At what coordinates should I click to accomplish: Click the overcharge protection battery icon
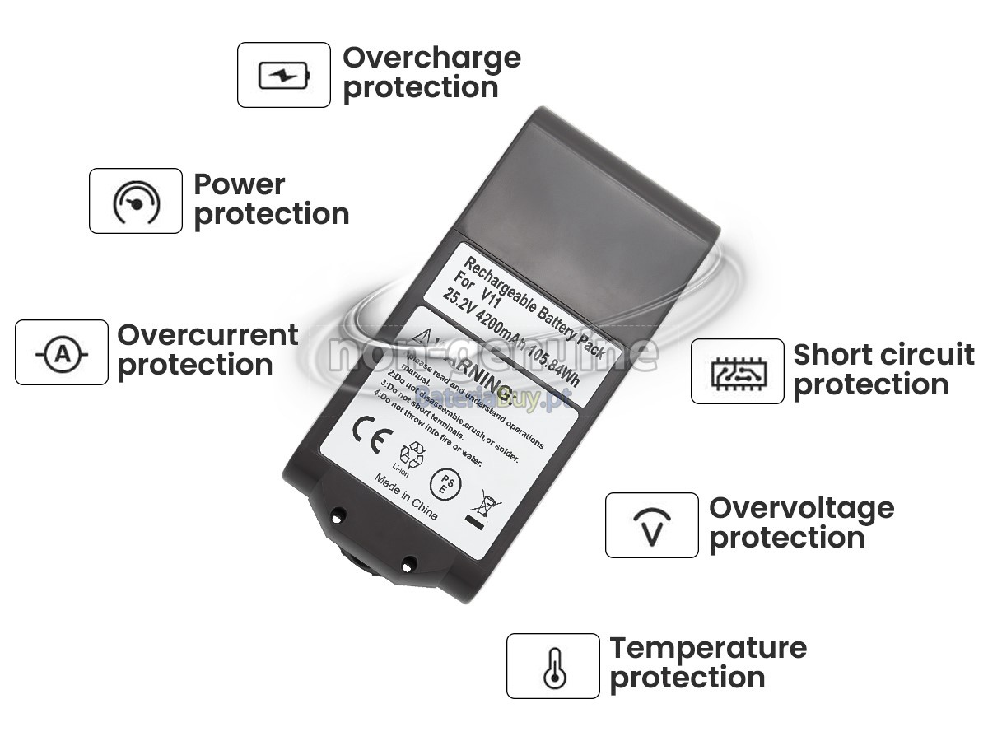[x=284, y=76]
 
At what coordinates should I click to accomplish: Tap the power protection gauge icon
[x=136, y=201]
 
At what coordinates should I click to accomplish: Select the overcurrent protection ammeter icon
[x=62, y=353]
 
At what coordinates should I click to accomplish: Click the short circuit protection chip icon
[x=737, y=372]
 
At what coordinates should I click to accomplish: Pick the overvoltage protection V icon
[x=652, y=526]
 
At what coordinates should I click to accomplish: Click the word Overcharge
[x=431, y=58]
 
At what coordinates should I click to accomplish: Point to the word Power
[x=239, y=184]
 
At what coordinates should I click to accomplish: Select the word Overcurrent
[x=207, y=335]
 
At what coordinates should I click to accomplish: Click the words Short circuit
[x=883, y=355]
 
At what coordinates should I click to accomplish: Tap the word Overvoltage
[x=801, y=507]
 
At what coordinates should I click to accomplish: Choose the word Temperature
[x=708, y=648]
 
